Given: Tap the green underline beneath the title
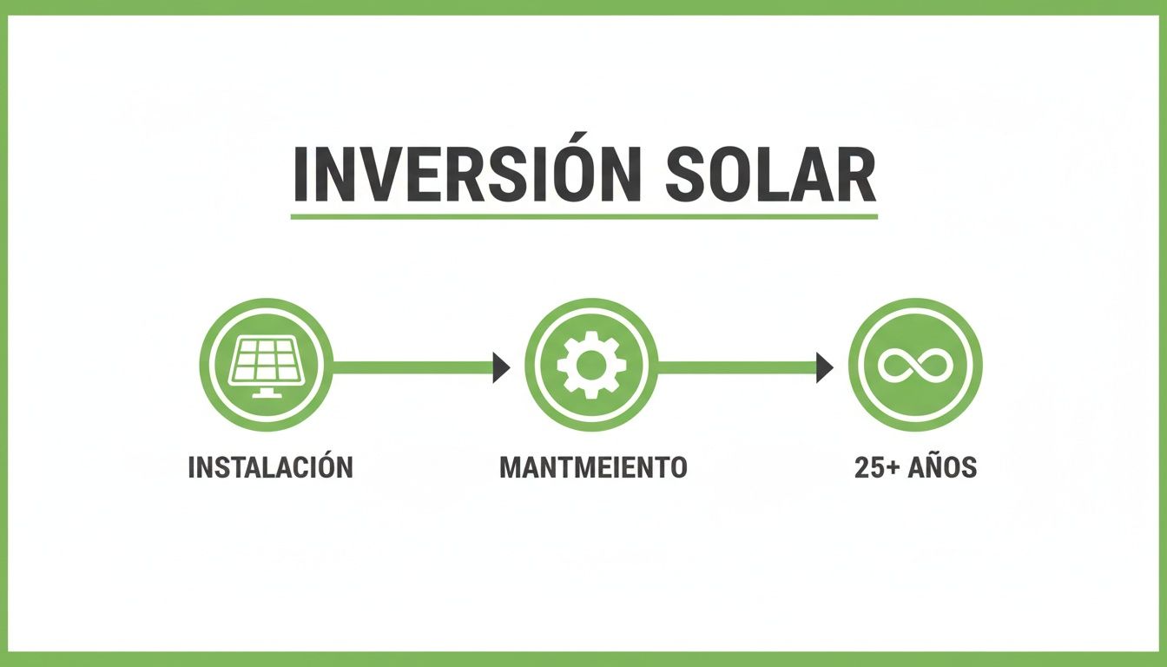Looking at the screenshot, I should pyautogui.click(x=583, y=215).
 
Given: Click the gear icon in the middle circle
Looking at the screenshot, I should pyautogui.click(x=590, y=366).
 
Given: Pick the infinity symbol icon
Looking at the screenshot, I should pyautogui.click(x=914, y=366).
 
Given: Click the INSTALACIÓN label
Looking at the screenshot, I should pyautogui.click(x=270, y=467).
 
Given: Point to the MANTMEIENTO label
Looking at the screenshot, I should pyautogui.click(x=593, y=467).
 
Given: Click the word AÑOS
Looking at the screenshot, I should pyautogui.click(x=942, y=467).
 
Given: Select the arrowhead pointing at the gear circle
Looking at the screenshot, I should pyautogui.click(x=501, y=367).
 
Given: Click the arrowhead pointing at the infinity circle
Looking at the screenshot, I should pyautogui.click(x=824, y=367).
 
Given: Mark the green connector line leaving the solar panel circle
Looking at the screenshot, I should pyautogui.click(x=408, y=367).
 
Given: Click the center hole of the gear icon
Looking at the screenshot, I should pyautogui.click(x=590, y=366).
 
